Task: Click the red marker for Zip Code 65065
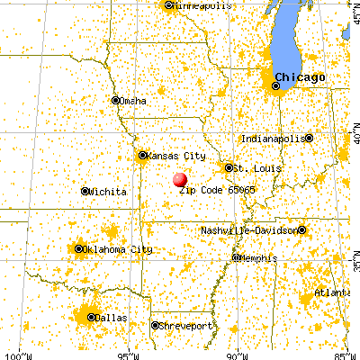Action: tap(180, 179)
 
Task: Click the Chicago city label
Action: tap(300, 76)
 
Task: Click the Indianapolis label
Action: tap(272, 139)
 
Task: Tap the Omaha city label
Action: tap(133, 100)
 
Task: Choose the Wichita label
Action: tap(108, 192)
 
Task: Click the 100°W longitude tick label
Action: tap(15, 354)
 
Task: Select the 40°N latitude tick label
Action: tap(354, 138)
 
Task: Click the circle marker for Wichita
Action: tap(85, 192)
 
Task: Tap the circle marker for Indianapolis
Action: tap(309, 139)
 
